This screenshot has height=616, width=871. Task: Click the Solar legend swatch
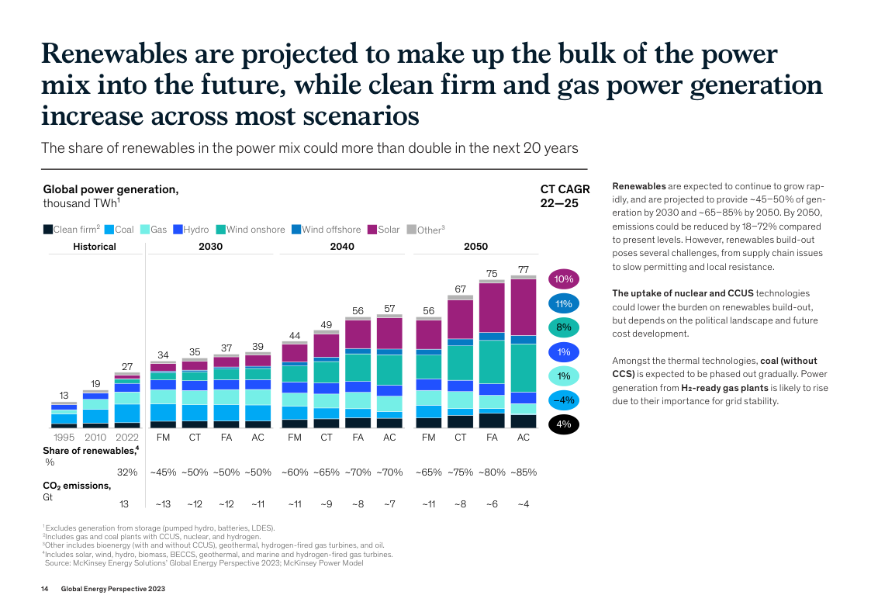point(372,230)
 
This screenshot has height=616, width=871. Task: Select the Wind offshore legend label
point(331,230)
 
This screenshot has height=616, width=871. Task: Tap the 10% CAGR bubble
point(564,279)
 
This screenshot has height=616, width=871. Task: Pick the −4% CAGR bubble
point(564,400)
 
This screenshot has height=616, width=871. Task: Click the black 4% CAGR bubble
point(564,424)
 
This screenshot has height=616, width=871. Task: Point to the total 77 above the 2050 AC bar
point(524,268)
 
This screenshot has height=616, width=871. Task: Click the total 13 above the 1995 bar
point(64,395)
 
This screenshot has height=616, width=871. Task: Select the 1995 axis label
point(64,438)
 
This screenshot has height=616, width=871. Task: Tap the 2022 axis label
point(127,438)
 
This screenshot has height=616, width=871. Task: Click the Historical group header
point(95,247)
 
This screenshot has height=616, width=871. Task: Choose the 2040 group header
point(342,247)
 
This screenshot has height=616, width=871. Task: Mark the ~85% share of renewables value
point(524,472)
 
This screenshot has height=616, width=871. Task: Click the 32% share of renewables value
point(127,472)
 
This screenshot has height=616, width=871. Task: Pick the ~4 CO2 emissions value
point(524,504)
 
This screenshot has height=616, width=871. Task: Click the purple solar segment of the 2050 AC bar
point(524,306)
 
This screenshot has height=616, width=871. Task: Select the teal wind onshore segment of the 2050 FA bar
point(492,362)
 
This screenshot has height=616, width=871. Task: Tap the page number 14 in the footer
point(45,590)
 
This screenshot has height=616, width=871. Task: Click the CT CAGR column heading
point(565,196)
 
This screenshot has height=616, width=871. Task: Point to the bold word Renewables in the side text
point(639,186)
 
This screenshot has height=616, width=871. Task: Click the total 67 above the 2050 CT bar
point(460,289)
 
